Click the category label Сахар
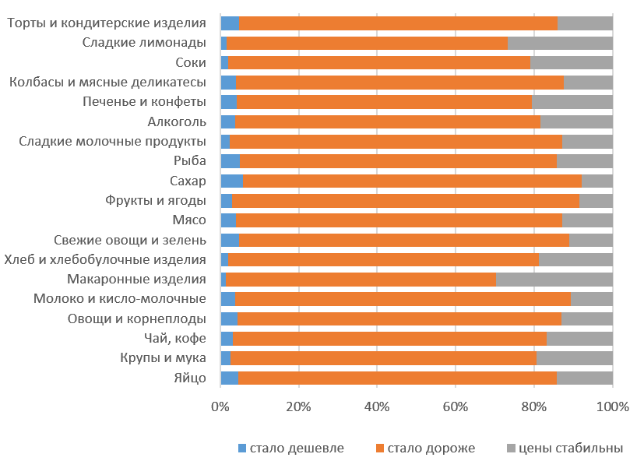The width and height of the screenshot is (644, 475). tap(188, 181)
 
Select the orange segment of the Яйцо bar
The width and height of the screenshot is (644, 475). tap(397, 378)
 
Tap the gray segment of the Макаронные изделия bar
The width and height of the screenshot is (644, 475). tap(554, 280)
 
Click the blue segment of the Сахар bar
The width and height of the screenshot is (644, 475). tap(231, 181)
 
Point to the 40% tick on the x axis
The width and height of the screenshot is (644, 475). tap(377, 406)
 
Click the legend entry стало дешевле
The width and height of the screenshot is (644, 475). tap(290, 449)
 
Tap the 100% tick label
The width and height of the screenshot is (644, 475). tap(612, 406)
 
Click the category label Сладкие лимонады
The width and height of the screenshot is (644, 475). tap(144, 42)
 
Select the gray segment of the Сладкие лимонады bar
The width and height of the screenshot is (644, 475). tap(560, 43)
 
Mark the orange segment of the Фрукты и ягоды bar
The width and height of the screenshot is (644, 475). tap(405, 200)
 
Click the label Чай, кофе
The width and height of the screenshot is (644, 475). tap(175, 338)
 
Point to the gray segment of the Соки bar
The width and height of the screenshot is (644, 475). tap(571, 62)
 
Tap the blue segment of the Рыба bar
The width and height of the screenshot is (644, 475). tap(230, 161)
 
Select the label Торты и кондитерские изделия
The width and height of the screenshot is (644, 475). tap(107, 23)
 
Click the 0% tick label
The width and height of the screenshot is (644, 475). tap(220, 406)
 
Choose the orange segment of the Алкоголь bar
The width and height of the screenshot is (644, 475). tap(387, 121)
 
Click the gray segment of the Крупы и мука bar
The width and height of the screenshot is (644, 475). tap(575, 358)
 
